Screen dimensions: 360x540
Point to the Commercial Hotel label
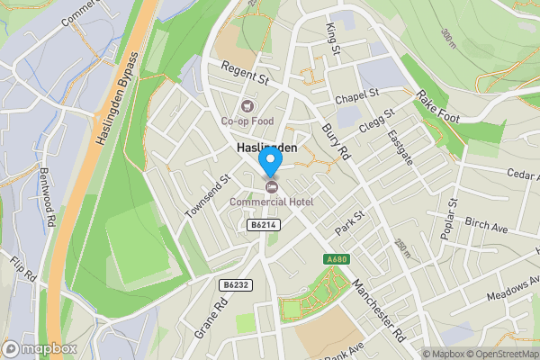point(271,201)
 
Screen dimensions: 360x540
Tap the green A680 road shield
point(337,260)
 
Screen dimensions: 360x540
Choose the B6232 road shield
point(234,284)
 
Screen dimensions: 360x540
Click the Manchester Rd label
point(379,310)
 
